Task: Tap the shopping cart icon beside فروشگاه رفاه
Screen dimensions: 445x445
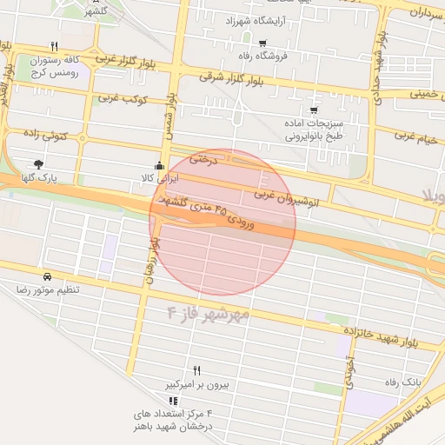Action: click(262, 43)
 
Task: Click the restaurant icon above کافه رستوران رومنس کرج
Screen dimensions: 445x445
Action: click(55, 46)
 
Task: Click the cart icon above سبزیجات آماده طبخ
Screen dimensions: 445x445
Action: click(314, 110)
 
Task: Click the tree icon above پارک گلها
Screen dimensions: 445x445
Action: click(38, 163)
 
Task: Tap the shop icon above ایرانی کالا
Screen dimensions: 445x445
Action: click(158, 166)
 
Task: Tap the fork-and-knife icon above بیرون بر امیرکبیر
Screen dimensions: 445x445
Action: click(196, 370)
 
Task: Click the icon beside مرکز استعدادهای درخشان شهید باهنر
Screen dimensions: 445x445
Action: click(173, 401)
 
